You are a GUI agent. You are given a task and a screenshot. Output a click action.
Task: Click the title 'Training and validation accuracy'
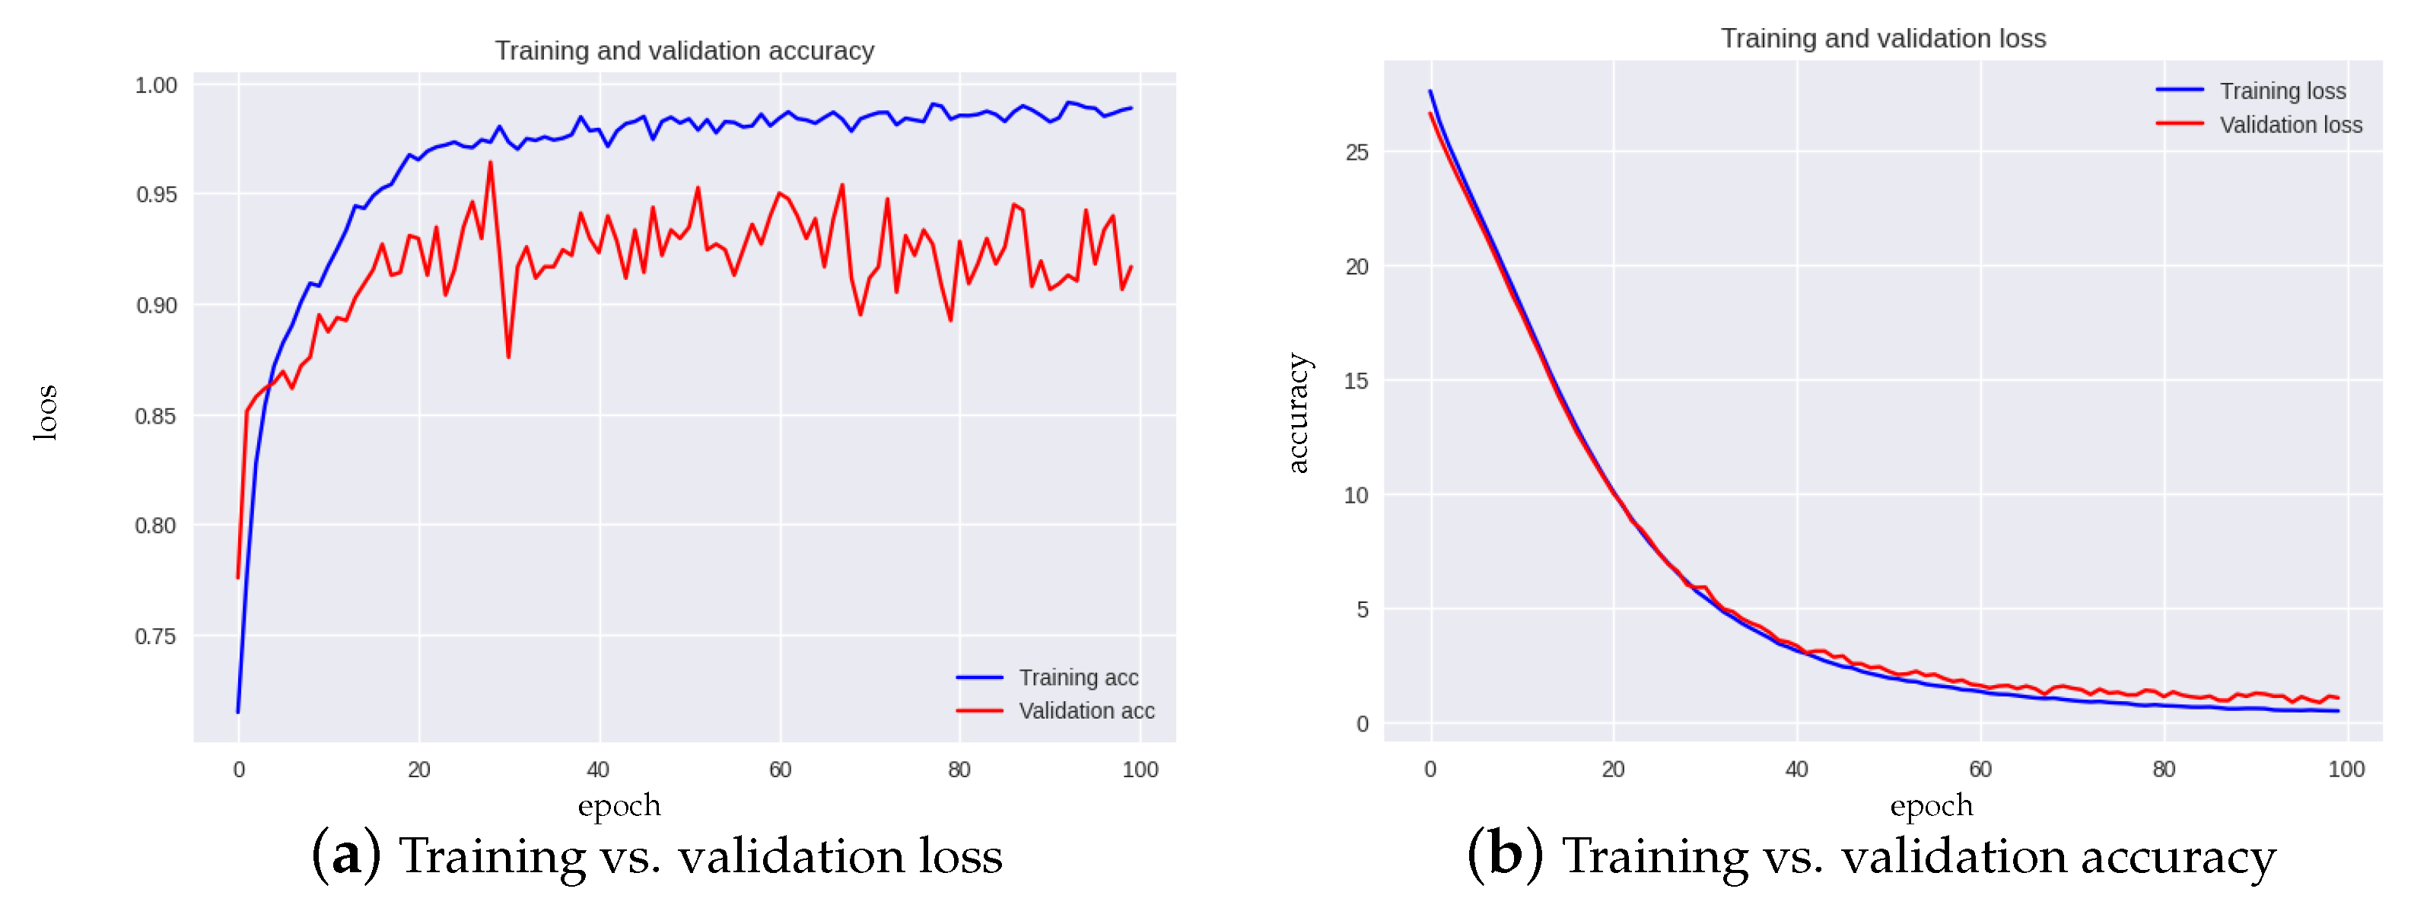(x=684, y=50)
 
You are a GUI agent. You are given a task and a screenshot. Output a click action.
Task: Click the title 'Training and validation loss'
(x=1882, y=38)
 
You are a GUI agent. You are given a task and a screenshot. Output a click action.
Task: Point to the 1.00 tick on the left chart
(x=156, y=85)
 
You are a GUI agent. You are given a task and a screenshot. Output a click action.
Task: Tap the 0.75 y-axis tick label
(x=156, y=636)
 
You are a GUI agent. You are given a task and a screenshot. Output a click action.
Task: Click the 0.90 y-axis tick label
(x=156, y=305)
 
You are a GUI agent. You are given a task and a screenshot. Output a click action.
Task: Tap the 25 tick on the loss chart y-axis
(x=1357, y=151)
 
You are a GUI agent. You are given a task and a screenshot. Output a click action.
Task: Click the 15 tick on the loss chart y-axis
(x=1357, y=381)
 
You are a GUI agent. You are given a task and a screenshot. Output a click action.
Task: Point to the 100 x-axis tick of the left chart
(x=1140, y=770)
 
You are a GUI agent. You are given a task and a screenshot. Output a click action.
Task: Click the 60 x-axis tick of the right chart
(x=1980, y=770)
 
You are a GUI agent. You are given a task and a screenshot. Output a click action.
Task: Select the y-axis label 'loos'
(x=45, y=411)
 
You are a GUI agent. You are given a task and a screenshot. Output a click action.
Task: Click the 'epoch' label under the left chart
(x=619, y=805)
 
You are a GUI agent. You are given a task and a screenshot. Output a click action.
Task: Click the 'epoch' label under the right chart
(x=1931, y=805)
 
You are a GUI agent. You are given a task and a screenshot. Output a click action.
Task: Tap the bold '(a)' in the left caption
(x=345, y=855)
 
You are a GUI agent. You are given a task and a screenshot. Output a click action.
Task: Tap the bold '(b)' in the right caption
(x=1504, y=855)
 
